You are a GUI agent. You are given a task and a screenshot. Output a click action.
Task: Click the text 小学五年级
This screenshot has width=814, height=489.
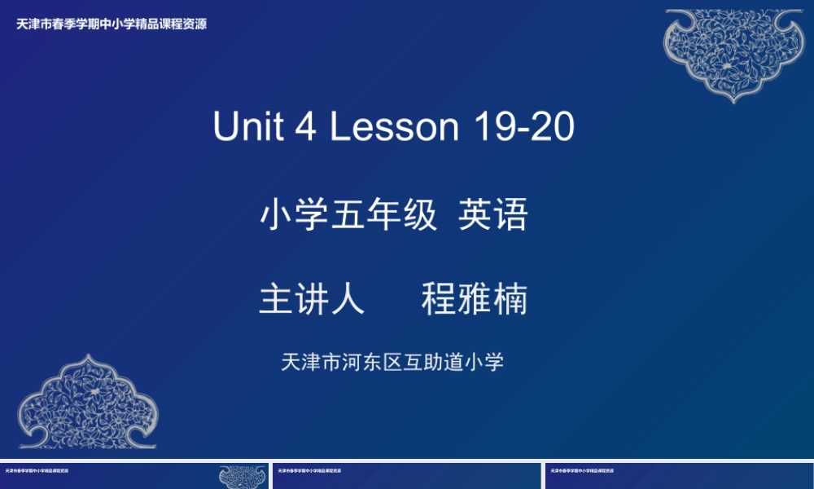coord(348,216)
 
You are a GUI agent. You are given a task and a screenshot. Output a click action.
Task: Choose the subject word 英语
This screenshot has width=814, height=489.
coord(493,216)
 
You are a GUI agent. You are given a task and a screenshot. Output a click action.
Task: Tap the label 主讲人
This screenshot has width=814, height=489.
coord(312,300)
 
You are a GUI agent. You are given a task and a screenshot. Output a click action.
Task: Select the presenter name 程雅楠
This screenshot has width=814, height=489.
coord(475,300)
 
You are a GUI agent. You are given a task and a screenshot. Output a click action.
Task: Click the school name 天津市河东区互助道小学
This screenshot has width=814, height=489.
coord(392,362)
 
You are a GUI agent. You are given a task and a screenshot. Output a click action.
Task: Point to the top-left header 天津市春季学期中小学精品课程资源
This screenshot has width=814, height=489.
coord(112,24)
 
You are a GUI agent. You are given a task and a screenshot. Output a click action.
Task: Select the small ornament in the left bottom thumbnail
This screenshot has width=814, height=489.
coord(243,477)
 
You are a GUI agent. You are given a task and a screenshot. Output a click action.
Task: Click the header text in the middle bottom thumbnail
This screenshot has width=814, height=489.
coord(309,470)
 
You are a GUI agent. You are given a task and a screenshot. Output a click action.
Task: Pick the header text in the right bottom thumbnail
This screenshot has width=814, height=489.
coord(582,470)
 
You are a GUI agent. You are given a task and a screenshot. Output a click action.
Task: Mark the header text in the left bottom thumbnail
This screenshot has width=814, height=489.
coord(37,470)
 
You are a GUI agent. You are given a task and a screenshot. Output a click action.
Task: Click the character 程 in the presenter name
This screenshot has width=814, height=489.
coord(439,300)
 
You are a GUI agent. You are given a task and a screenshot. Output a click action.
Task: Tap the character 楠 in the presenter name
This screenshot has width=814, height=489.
coord(510,300)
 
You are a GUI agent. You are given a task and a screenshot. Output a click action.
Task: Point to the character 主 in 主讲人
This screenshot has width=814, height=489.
coord(276,300)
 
